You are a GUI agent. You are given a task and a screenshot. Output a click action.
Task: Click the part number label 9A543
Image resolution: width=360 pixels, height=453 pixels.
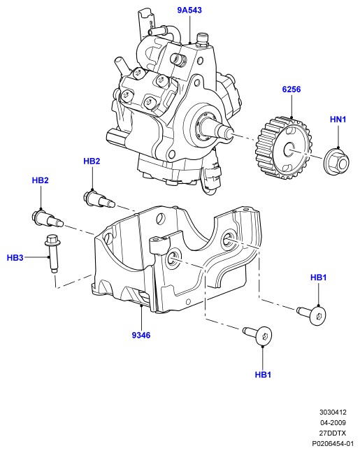tap(189, 10)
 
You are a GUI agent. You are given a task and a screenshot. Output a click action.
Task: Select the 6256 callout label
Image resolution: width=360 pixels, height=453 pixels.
tap(291, 89)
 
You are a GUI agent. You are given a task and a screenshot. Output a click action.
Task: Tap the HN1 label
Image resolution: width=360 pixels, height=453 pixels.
tap(338, 119)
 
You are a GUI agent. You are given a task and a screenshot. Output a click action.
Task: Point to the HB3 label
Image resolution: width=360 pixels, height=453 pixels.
tap(15, 257)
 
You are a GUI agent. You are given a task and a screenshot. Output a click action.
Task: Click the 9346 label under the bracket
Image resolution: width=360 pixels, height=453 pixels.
tap(141, 335)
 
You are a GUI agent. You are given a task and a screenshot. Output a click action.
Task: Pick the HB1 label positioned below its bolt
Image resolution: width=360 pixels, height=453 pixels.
tap(263, 375)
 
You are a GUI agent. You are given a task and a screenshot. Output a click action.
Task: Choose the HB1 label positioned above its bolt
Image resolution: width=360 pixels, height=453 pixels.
tap(318, 278)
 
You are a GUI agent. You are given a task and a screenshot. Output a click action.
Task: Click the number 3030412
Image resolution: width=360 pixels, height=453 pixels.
tap(333, 412)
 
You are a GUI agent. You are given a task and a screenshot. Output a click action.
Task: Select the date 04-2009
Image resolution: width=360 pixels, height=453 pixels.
tap(333, 423)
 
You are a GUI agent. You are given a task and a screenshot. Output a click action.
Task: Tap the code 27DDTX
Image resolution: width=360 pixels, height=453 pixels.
tap(333, 433)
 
